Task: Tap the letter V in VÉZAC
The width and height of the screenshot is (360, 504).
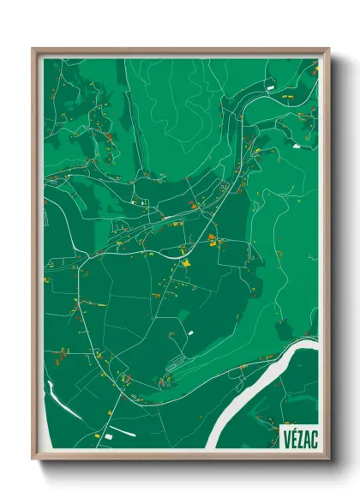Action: click(285, 438)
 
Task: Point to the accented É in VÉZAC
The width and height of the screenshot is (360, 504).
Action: click(292, 437)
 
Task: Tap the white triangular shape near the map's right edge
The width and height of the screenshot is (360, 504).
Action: click(297, 146)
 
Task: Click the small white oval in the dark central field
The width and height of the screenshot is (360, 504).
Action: click(190, 332)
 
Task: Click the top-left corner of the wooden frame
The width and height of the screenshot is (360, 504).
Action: click(33, 50)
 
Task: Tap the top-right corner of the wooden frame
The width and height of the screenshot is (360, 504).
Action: click(328, 50)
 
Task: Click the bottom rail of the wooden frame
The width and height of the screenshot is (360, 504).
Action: click(180, 458)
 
